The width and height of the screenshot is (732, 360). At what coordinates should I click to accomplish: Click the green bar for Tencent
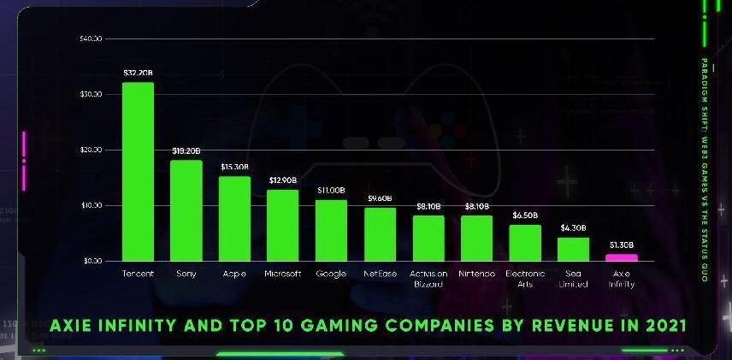(x=138, y=171)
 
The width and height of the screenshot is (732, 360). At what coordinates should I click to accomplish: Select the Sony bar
(x=186, y=210)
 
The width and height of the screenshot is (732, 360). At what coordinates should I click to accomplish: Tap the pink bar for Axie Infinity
(x=622, y=257)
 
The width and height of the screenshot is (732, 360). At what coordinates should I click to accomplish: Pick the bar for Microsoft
(x=283, y=225)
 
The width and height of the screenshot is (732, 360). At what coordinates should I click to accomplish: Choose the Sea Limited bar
(x=573, y=249)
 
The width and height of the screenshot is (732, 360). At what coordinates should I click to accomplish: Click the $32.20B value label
(x=138, y=74)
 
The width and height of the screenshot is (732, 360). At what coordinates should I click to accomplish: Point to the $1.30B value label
(x=622, y=245)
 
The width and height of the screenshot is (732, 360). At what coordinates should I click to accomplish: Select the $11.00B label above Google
(x=331, y=190)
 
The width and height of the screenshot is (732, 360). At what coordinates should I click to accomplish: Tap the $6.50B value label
(x=525, y=215)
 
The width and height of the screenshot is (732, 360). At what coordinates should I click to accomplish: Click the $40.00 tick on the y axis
(x=91, y=38)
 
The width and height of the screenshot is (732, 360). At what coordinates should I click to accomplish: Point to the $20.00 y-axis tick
(x=91, y=150)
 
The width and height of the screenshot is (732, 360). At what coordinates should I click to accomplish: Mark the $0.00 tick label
(x=92, y=261)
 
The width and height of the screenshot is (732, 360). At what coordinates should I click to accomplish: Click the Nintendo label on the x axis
(x=476, y=274)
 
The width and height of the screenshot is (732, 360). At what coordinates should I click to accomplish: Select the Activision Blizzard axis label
(x=428, y=279)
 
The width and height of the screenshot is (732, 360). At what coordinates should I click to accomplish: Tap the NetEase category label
(x=380, y=274)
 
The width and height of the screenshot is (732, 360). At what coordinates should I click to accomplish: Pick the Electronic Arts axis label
(x=525, y=279)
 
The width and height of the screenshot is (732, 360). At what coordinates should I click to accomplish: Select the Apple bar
(x=234, y=218)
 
